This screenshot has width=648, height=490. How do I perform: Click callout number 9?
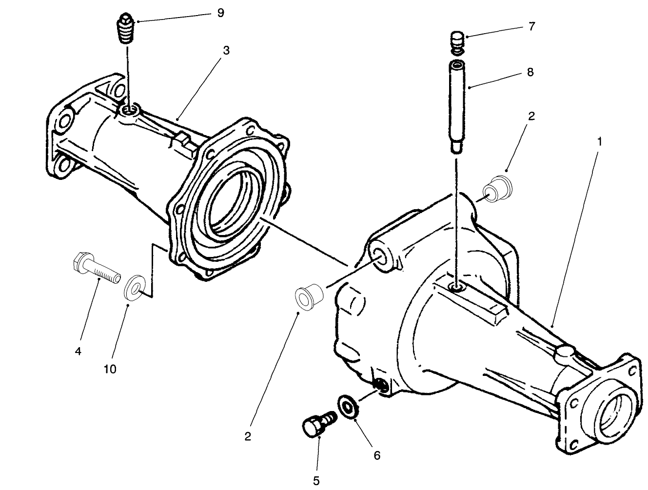pos(220,13)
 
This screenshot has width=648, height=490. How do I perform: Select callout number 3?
pos(226,50)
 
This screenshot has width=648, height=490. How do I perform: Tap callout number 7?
pos(531,26)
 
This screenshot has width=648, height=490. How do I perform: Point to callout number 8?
pos(530,72)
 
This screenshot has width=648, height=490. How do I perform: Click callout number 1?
pos(600,141)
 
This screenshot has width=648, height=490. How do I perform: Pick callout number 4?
pos(78,351)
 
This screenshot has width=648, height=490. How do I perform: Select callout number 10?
pos(110,369)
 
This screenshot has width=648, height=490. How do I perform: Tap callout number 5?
pos(316,480)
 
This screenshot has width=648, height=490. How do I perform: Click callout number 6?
pos(377,455)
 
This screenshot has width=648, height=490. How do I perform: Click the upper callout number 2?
pos(531,116)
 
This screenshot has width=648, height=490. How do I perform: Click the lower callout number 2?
pos(248,436)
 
